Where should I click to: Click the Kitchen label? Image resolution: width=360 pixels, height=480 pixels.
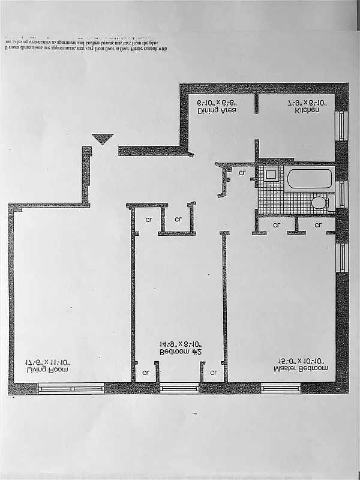(307, 111)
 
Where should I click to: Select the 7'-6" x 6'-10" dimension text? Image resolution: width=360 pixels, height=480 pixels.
(307, 103)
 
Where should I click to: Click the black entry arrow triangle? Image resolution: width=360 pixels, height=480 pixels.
(103, 139)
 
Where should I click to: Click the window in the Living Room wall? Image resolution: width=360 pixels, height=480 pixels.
(71, 388)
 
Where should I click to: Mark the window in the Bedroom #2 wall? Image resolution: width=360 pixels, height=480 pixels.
(180, 388)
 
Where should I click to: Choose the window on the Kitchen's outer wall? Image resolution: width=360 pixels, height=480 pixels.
(343, 125)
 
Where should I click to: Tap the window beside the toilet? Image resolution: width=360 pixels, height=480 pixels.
(343, 194)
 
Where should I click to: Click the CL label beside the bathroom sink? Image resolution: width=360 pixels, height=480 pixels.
(242, 173)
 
